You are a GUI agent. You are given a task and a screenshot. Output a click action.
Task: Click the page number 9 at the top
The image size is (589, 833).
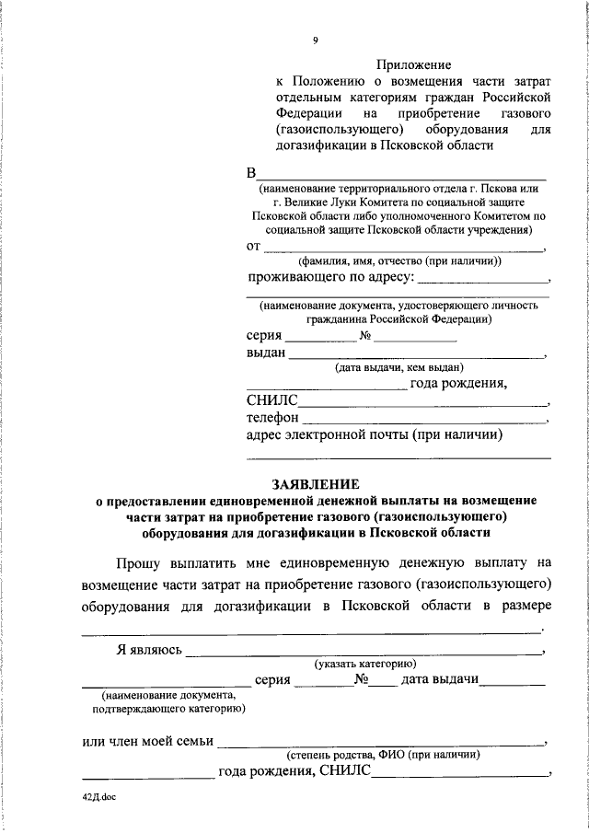click(315, 40)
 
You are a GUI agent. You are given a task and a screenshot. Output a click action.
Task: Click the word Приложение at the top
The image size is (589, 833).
click(413, 64)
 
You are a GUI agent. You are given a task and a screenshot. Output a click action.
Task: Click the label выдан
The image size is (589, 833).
click(266, 353)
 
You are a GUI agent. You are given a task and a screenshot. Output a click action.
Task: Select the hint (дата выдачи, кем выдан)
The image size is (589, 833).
click(398, 367)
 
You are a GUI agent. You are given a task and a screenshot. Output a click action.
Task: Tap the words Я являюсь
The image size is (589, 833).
click(148, 650)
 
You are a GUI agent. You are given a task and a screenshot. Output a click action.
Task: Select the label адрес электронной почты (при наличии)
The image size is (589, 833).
click(374, 435)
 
